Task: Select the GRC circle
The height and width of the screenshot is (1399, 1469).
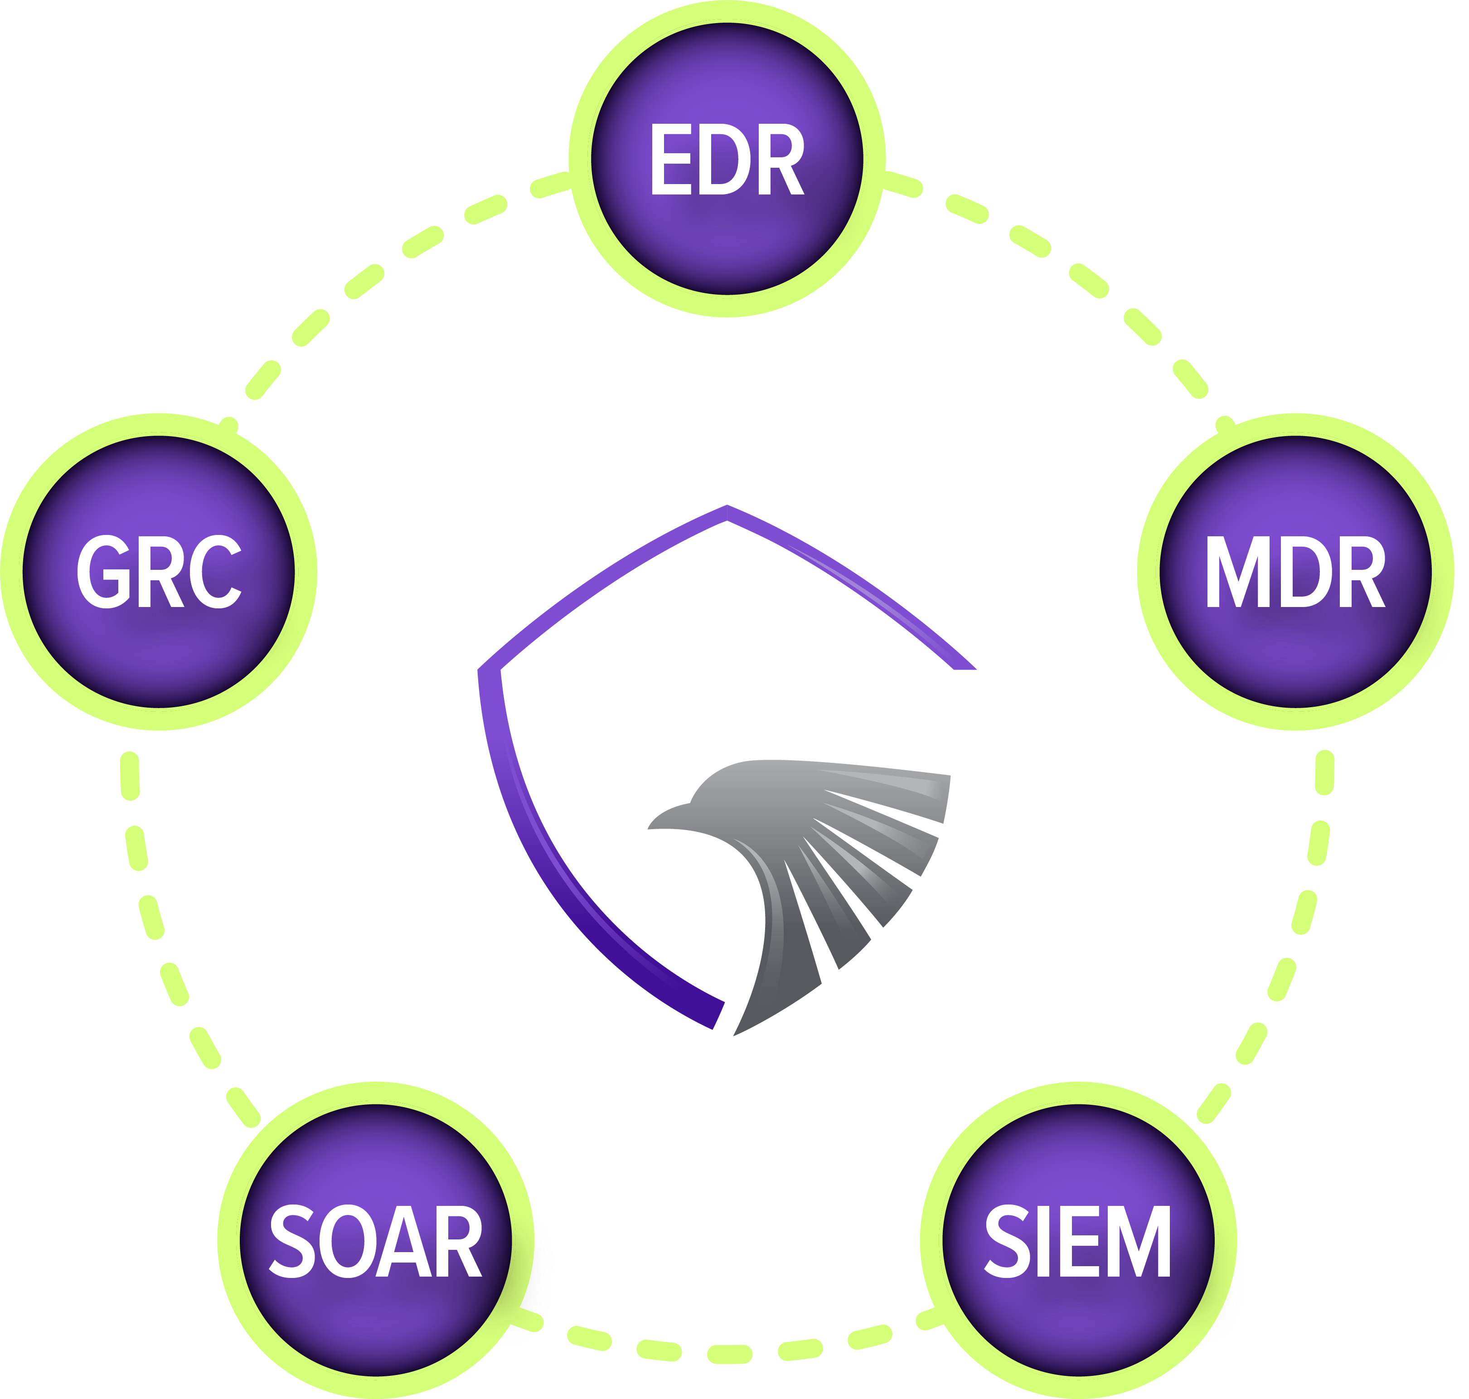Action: click(158, 656)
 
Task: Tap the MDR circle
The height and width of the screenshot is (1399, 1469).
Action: click(1296, 656)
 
